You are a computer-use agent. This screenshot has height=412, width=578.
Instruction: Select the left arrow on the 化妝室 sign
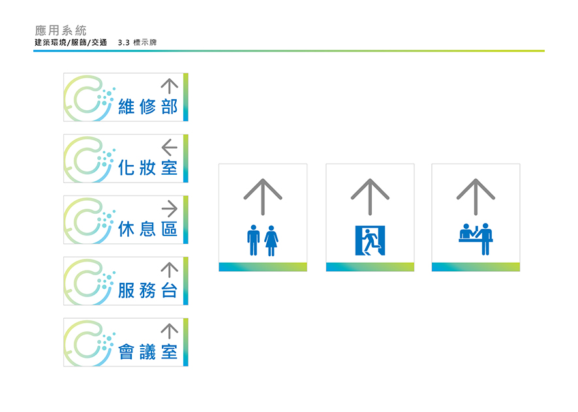coord(169,147)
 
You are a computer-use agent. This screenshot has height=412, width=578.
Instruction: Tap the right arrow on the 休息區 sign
coord(169,209)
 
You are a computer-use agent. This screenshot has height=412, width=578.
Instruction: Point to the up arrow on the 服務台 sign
coord(169,270)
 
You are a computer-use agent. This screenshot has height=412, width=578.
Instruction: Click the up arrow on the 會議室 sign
coord(169,331)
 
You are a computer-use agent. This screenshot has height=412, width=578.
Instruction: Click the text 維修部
coord(147,107)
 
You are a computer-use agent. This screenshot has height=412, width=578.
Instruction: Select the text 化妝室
coord(147,168)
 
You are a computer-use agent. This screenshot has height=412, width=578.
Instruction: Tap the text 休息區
coord(147,229)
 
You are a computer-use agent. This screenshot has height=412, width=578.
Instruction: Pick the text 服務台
coord(147,291)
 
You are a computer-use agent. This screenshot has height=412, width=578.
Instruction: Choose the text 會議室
coord(147,352)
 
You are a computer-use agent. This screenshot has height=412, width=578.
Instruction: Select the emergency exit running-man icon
coord(370,241)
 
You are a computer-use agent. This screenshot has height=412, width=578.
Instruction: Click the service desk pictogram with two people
coord(476,239)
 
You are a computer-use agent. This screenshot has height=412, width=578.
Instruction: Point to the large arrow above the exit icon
coord(370,195)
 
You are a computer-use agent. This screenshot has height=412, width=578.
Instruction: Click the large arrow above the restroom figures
coord(263,195)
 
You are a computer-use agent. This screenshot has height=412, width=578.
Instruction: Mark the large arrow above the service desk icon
coord(476,195)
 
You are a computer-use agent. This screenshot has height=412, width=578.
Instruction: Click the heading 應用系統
coord(61,30)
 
